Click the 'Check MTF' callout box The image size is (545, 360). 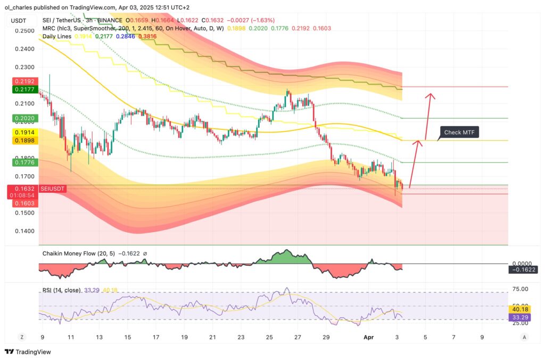click(459, 132)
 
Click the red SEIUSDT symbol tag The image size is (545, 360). click(52, 189)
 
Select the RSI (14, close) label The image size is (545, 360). click(61, 290)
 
